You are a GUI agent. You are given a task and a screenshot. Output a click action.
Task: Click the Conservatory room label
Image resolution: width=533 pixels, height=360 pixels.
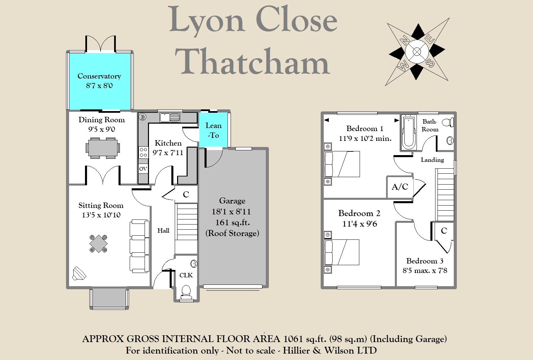tap(99, 76)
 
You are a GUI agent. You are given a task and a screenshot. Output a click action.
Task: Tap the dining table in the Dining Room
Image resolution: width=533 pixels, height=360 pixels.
tap(103, 148)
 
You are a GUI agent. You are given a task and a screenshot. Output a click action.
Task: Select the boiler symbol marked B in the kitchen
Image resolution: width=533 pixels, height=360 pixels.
tap(143, 117)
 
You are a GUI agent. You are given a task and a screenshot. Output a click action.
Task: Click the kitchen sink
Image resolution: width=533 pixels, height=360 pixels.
tap(170, 118)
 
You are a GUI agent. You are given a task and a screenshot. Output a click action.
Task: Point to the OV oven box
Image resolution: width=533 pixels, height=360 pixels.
tap(143, 169)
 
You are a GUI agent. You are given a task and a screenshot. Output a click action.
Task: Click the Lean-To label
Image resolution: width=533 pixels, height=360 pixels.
tap(213, 130)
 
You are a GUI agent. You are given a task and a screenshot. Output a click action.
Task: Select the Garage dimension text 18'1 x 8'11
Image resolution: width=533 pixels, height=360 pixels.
tap(232, 212)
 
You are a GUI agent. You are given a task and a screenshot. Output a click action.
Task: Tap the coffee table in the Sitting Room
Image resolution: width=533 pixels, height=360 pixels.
tap(98, 243)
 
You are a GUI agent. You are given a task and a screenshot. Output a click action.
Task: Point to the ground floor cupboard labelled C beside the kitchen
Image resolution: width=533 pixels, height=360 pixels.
tap(186, 194)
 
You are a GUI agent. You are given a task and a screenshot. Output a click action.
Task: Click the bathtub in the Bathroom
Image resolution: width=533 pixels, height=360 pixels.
tap(409, 133)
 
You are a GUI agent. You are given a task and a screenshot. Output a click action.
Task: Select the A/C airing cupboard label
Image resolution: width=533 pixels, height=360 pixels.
tap(400, 187)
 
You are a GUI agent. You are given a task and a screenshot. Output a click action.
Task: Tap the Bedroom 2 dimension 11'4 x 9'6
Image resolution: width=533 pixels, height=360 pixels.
tap(360, 224)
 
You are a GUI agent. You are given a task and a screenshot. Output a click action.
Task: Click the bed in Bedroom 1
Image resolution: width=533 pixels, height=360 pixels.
tap(342, 164)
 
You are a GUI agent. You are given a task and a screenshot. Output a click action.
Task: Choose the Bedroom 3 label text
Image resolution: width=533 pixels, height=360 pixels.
tap(425, 261)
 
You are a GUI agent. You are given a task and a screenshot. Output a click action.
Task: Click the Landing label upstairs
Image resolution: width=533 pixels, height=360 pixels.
tap(432, 160)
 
